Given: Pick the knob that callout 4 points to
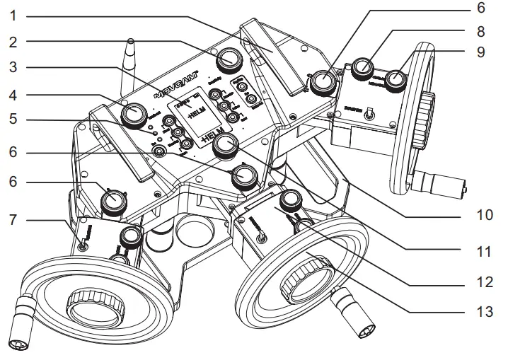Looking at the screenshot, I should click(133, 114).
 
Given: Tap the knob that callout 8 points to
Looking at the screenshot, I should click(363, 67).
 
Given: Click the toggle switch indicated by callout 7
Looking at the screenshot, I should click(83, 244).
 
